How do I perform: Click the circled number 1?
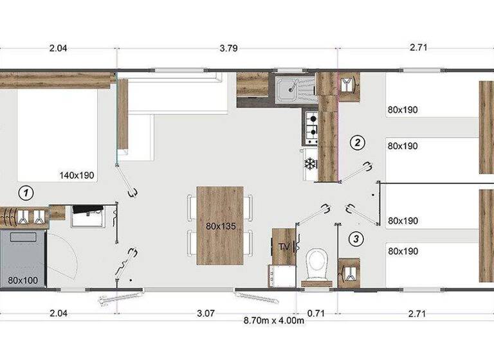tap(26, 192)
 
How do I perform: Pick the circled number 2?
tap(358, 143)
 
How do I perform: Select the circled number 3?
tap(358, 239)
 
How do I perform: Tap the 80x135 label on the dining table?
tap(219, 226)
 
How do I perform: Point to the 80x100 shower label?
tap(23, 280)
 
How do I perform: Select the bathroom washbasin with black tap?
tap(85, 217)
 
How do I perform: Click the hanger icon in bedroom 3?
tap(349, 272)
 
